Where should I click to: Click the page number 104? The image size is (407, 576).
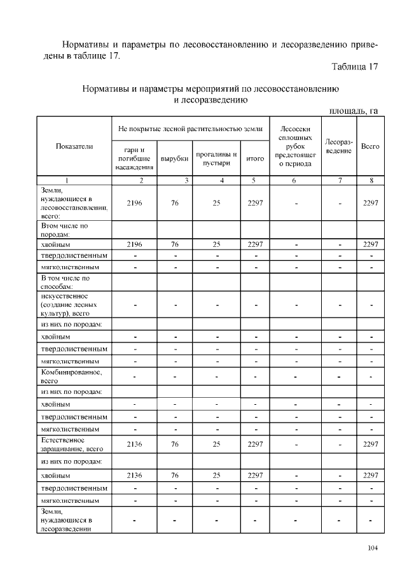372,549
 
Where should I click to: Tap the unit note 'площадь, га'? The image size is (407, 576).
353,111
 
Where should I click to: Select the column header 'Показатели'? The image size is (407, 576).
74,146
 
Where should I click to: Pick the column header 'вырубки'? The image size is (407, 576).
174,158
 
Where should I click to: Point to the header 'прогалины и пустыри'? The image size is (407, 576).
216,158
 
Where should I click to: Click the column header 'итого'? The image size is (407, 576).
254,158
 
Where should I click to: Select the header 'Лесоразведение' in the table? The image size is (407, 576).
339,146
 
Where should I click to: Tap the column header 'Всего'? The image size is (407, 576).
370,146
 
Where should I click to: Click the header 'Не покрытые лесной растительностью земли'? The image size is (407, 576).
190,129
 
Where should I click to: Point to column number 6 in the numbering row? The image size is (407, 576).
294,180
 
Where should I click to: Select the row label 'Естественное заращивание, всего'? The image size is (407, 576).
71,444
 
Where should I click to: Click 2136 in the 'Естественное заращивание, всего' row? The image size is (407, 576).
134,444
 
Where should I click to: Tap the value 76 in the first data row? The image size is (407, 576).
174,202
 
